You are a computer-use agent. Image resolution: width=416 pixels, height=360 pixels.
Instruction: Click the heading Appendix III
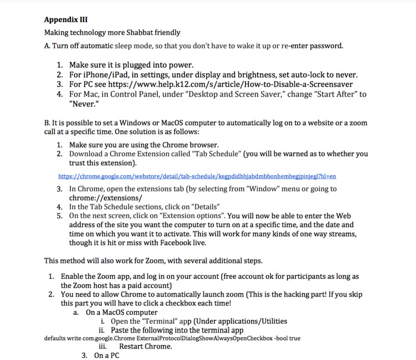click(66, 21)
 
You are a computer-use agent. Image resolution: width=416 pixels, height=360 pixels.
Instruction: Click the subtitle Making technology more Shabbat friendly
click(112, 33)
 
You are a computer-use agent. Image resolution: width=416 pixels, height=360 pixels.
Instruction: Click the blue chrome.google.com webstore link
click(197, 176)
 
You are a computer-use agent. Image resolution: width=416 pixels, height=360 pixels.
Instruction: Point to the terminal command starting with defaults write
click(172, 338)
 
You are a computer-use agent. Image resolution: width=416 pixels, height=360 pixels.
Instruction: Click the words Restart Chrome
click(145, 346)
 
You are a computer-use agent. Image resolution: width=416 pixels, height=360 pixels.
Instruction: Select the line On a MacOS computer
click(122, 312)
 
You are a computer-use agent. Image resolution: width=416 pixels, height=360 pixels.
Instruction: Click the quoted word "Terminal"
click(157, 321)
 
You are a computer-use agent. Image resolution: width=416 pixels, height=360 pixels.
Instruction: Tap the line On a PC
click(107, 356)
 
